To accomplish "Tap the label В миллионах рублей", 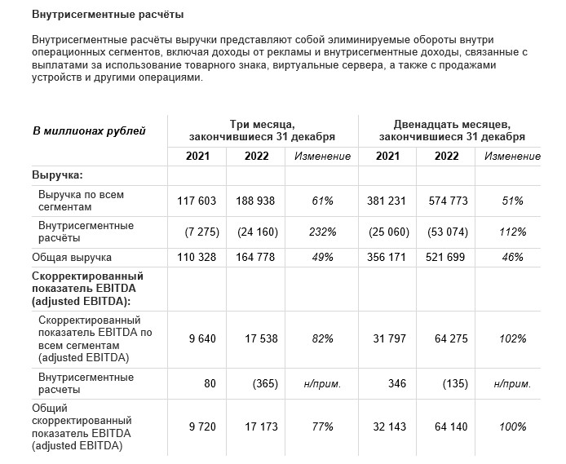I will (x=89, y=130).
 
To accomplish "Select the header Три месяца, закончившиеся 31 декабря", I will (x=262, y=130).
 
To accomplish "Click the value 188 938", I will (x=255, y=201).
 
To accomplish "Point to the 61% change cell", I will (x=322, y=201).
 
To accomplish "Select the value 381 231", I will (x=387, y=201).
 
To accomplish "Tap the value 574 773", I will (x=446, y=201).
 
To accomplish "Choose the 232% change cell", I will (x=322, y=232).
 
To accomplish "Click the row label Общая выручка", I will (x=71, y=258).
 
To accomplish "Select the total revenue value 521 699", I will (x=446, y=258).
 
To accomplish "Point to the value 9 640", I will (x=204, y=338).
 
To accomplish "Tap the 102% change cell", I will (x=514, y=338).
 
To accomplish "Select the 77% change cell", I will (x=322, y=426).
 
